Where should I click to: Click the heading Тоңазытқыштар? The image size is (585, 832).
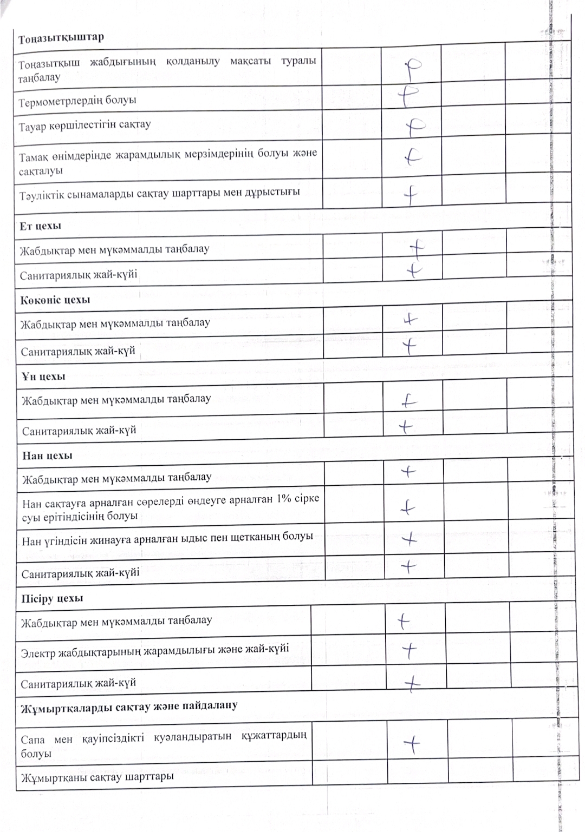61,38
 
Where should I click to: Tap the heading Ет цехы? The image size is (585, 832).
41,226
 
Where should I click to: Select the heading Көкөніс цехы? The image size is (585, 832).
55,300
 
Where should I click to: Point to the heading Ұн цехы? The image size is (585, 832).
43,377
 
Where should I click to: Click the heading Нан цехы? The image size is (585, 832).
47,455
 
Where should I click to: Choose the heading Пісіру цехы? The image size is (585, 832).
52,599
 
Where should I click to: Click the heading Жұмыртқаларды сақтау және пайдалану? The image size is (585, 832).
129,706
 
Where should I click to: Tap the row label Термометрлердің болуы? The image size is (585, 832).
77,101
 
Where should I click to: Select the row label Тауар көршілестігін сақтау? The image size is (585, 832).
85,125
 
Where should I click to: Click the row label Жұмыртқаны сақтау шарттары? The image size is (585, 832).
97,777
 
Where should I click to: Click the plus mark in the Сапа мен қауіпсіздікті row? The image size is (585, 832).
413,746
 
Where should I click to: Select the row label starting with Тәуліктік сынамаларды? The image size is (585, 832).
159,193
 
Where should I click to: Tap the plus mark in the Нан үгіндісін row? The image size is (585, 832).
410,539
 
